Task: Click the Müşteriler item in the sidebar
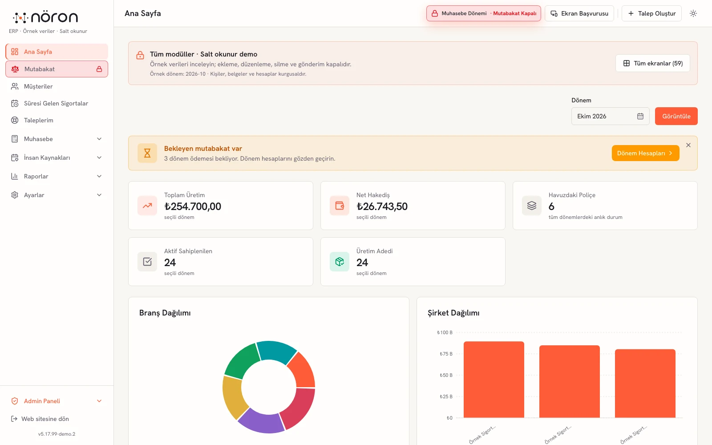pyautogui.click(x=38, y=86)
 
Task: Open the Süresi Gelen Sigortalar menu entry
pyautogui.click(x=56, y=103)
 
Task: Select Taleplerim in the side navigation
pyautogui.click(x=38, y=120)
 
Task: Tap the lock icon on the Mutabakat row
pyautogui.click(x=99, y=69)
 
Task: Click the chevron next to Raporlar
pyautogui.click(x=99, y=176)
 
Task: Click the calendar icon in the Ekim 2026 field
pyautogui.click(x=640, y=116)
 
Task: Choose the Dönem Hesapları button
pyautogui.click(x=645, y=153)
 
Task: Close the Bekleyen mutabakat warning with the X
pyautogui.click(x=688, y=145)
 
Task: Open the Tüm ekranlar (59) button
pyautogui.click(x=652, y=63)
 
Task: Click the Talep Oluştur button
pyautogui.click(x=651, y=13)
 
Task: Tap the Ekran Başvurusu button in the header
pyautogui.click(x=579, y=13)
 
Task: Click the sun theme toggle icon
pyautogui.click(x=693, y=13)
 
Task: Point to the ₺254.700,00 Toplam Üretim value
pyautogui.click(x=193, y=206)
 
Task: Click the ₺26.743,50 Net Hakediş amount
pyautogui.click(x=382, y=206)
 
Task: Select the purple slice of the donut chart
pyautogui.click(x=261, y=421)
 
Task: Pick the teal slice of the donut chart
pyautogui.click(x=276, y=351)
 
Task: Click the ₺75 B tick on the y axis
pyautogui.click(x=446, y=354)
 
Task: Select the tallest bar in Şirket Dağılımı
pyautogui.click(x=494, y=380)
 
